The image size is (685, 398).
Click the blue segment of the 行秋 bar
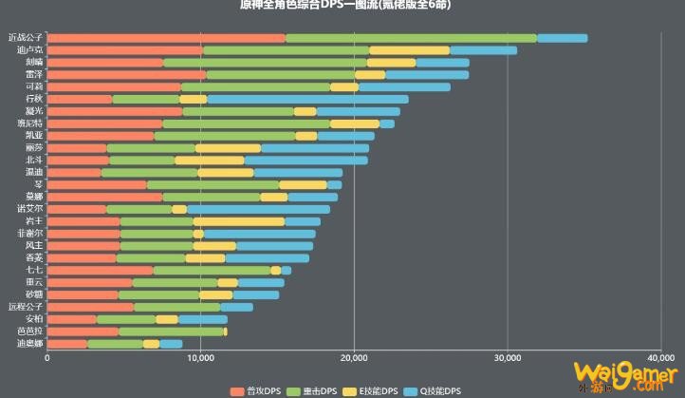pyautogui.click(x=307, y=99)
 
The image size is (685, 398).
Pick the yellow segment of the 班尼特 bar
pyautogui.click(x=355, y=123)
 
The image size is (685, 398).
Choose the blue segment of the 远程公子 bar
pyautogui.click(x=236, y=307)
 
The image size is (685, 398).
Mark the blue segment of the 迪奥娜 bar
pyautogui.click(x=171, y=344)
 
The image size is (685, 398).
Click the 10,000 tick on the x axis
pyautogui.click(x=200, y=359)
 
